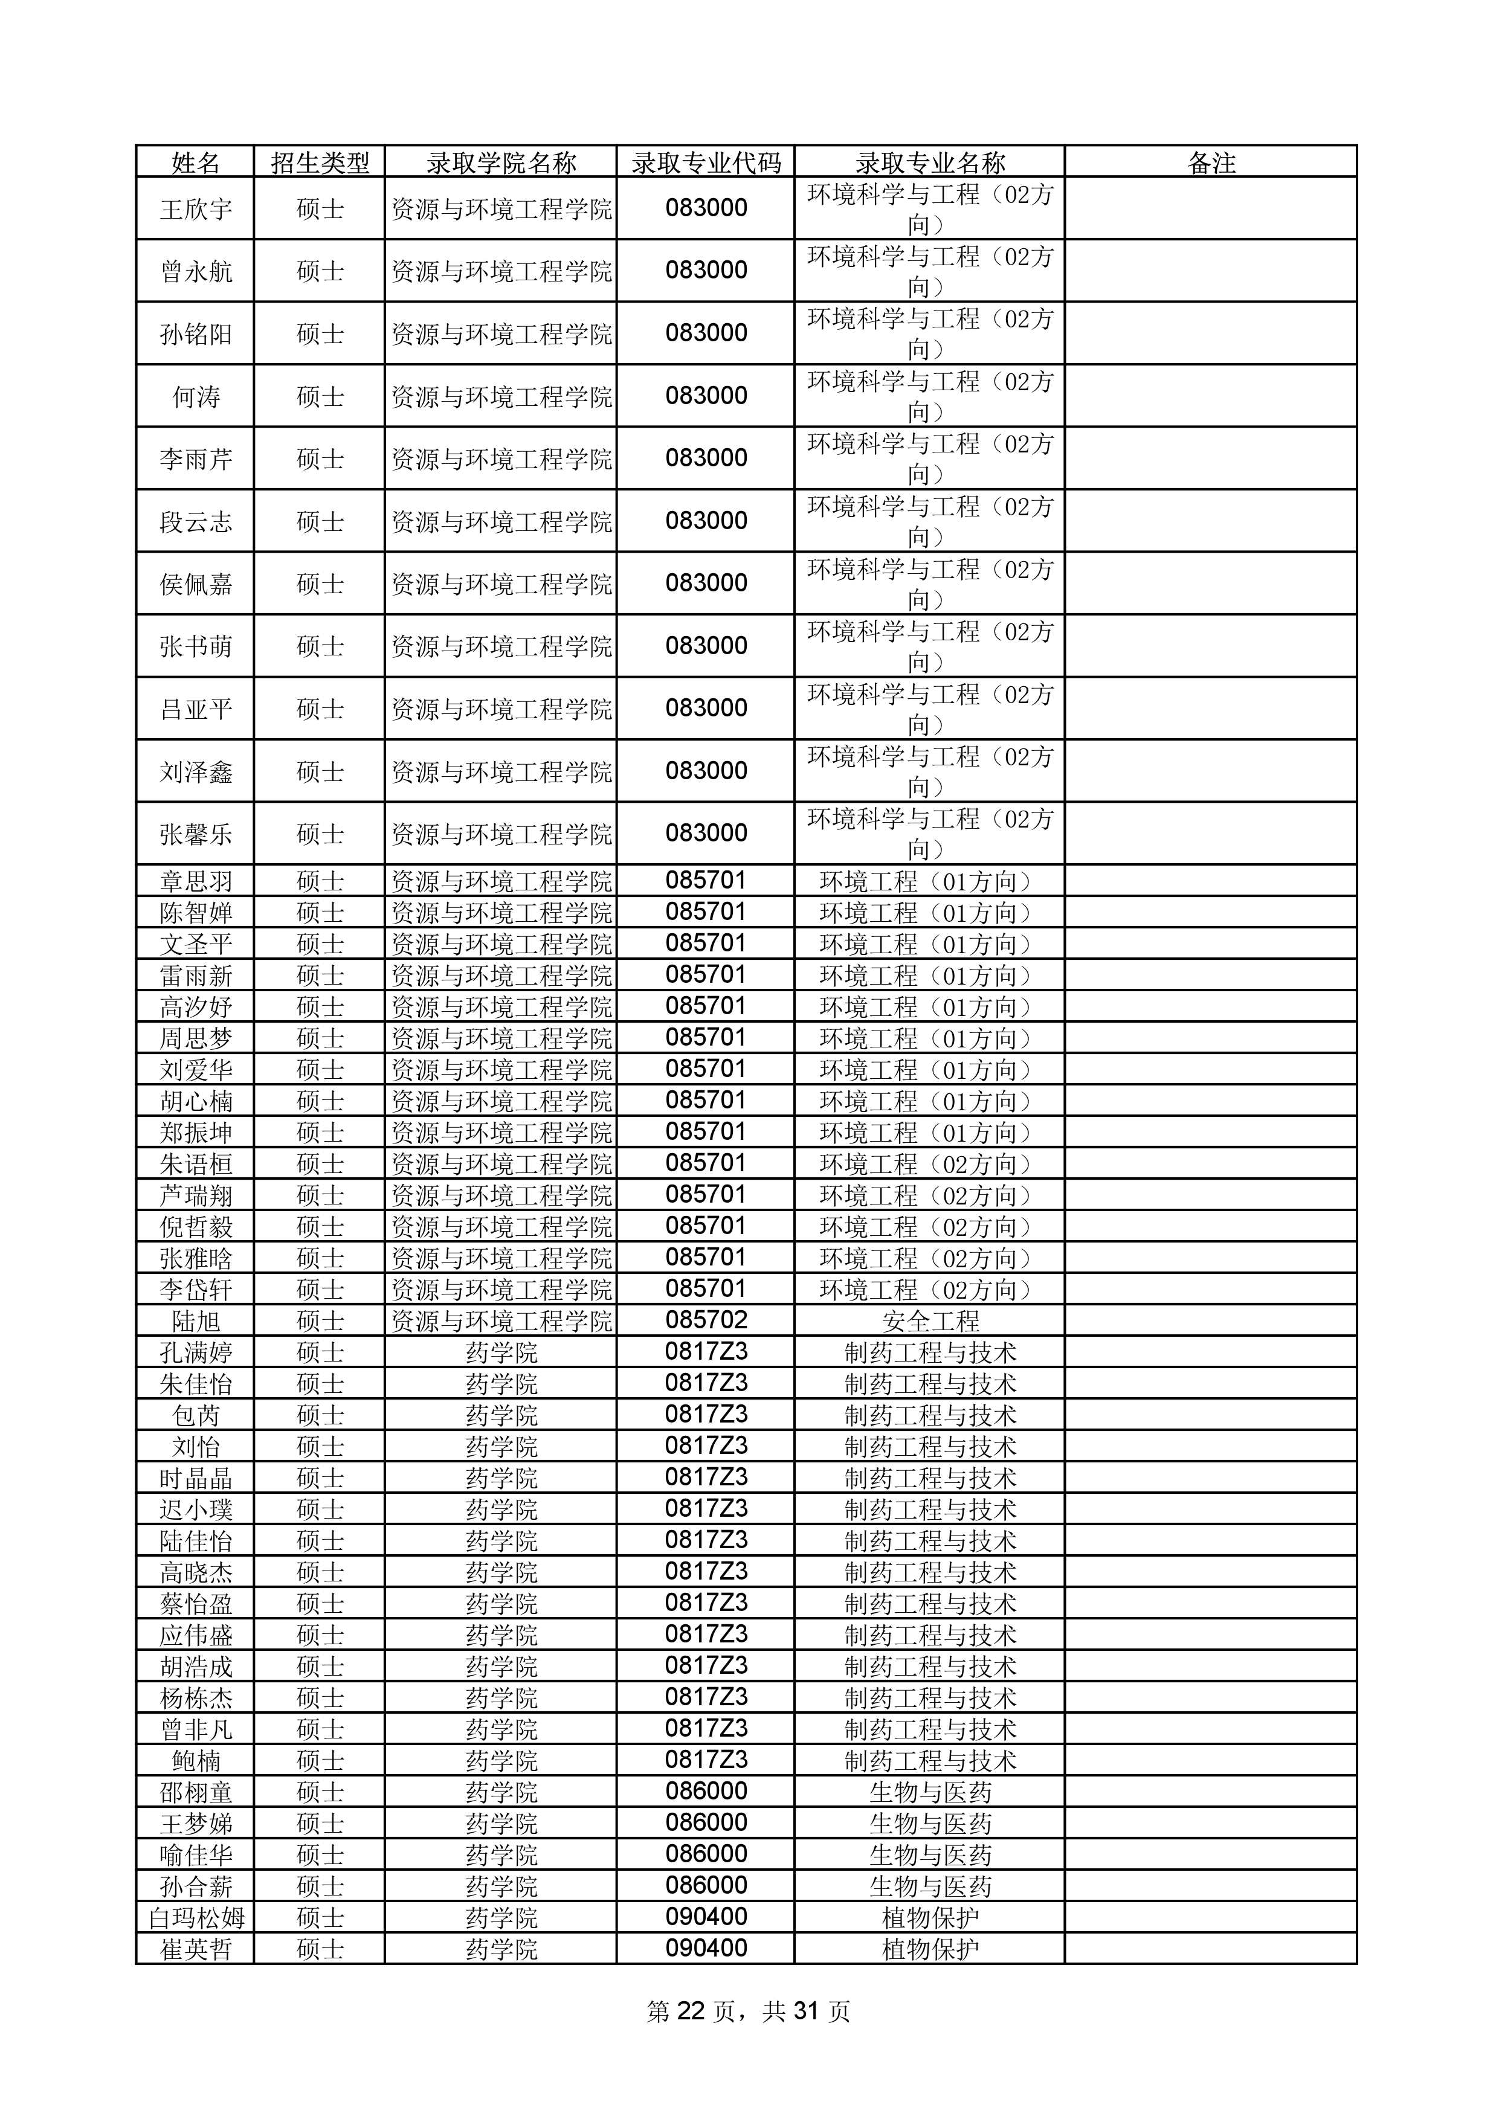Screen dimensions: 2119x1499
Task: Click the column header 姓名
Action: (196, 163)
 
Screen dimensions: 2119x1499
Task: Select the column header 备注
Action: (1210, 163)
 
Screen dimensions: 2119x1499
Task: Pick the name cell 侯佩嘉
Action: (196, 584)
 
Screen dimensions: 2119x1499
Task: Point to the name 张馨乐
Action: (196, 834)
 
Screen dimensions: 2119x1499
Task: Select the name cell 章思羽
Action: (196, 881)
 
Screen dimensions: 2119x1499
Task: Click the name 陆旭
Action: (196, 1320)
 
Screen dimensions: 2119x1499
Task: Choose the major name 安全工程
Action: (929, 1320)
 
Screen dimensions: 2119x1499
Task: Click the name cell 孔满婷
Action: (196, 1352)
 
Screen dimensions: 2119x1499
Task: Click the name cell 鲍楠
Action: (196, 1760)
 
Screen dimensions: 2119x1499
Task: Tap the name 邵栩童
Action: (196, 1792)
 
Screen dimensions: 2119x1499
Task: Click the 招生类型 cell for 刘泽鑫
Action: (320, 771)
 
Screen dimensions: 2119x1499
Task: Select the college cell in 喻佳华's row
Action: (501, 1854)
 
